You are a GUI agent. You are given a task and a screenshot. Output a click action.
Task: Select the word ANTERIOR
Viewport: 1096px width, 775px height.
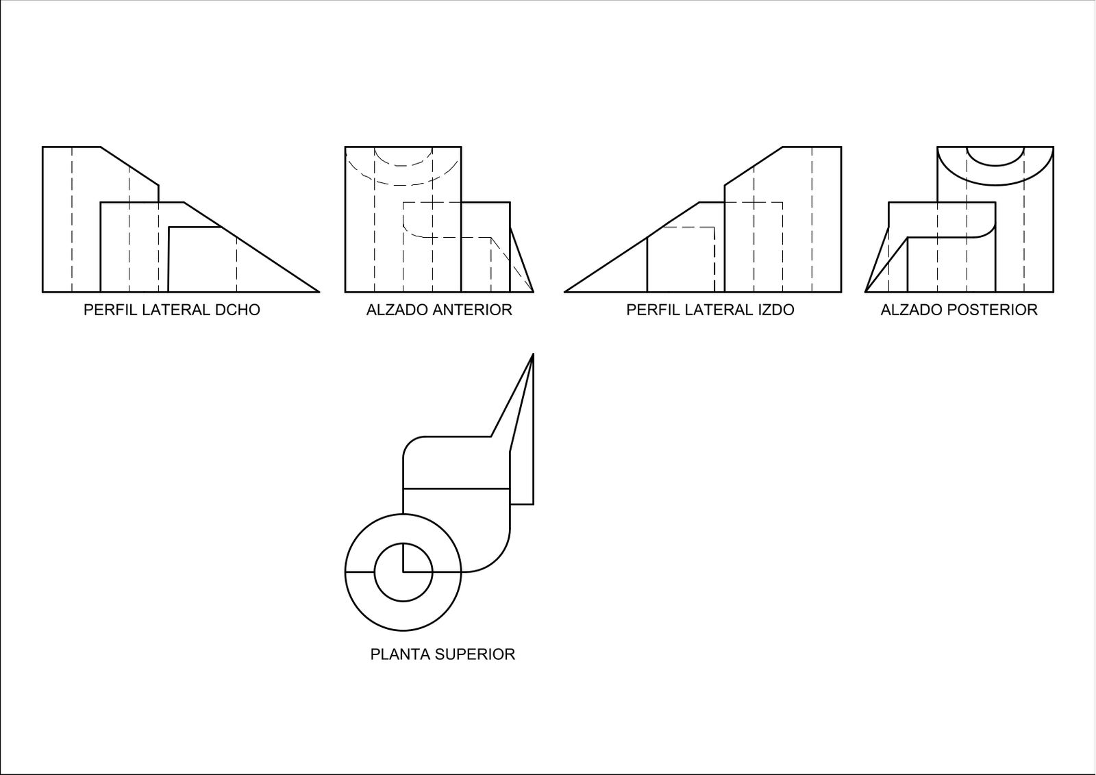[477, 310]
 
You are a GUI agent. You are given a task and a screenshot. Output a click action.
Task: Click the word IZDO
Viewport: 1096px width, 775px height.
[776, 310]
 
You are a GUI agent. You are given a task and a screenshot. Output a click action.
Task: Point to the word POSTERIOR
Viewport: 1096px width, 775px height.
[999, 310]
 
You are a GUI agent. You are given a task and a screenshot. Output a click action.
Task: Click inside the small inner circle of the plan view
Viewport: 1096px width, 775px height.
[416, 585]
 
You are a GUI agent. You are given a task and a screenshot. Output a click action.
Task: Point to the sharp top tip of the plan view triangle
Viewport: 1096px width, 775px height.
[533, 354]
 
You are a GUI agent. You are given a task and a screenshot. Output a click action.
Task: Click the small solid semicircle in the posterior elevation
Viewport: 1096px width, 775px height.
[996, 164]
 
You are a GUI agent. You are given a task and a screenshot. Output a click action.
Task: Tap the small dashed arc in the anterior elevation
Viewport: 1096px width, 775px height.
[403, 165]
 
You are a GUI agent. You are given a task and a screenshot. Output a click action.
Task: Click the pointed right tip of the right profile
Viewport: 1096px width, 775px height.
[319, 292]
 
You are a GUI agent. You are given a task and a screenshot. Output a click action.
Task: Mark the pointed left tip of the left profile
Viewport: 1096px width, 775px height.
[564, 292]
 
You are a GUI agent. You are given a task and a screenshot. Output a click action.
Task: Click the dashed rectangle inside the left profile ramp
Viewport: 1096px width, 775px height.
[688, 260]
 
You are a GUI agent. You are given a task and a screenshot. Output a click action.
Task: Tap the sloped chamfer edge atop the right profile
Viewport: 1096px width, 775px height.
[129, 166]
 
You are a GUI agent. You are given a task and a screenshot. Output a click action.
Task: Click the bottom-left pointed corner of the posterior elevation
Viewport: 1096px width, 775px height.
[866, 292]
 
